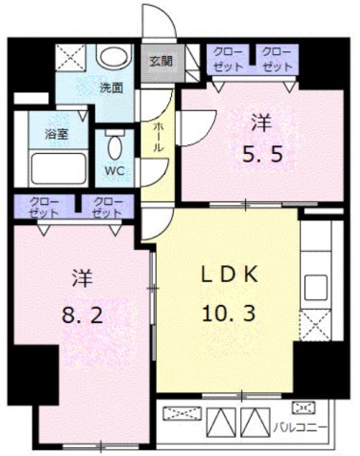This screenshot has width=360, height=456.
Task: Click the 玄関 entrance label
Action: [161, 60]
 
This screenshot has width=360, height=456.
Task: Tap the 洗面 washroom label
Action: [111, 88]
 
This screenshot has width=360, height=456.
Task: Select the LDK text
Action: [227, 275]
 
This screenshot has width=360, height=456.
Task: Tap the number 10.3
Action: [229, 309]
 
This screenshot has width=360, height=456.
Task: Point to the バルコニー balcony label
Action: [300, 426]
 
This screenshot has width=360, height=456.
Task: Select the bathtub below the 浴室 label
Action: [51, 168]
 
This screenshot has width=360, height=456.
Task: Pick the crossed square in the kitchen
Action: [314, 323]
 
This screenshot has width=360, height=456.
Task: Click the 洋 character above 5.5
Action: [260, 121]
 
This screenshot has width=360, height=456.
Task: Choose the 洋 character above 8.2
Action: [81, 278]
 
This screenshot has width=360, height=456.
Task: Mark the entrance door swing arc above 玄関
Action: [155, 24]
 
